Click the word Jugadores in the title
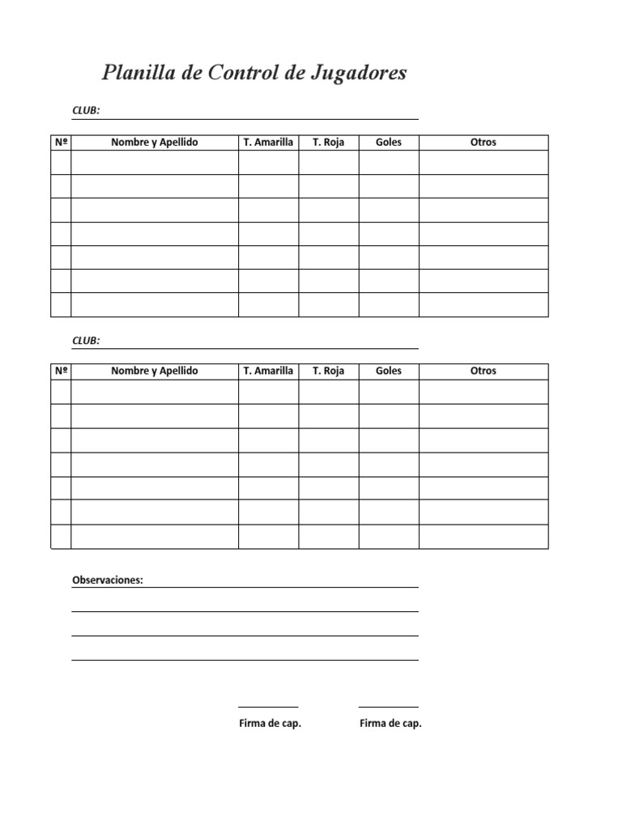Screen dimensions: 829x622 coord(356,74)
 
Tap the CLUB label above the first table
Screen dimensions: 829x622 coord(86,112)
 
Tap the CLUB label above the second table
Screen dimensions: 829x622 coord(86,341)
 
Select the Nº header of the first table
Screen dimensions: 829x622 coord(61,142)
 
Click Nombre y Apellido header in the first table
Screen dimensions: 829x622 coord(155,142)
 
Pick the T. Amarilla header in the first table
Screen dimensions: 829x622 coord(268,142)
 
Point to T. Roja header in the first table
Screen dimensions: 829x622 coord(328,142)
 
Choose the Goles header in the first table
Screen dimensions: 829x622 coord(389,142)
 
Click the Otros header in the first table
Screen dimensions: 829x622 coord(484,142)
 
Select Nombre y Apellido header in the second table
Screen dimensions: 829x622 coord(155,371)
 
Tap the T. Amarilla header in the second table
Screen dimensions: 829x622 coord(268,371)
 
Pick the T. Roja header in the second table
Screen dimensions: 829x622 coord(328,371)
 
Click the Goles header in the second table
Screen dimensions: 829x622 coord(389,371)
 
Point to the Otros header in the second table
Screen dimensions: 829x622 coord(484,371)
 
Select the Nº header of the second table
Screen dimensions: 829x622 coord(61,371)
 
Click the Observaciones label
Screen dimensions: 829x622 coord(108,580)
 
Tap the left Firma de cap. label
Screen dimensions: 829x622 coord(270,724)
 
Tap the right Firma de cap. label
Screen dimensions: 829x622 coord(390,724)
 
